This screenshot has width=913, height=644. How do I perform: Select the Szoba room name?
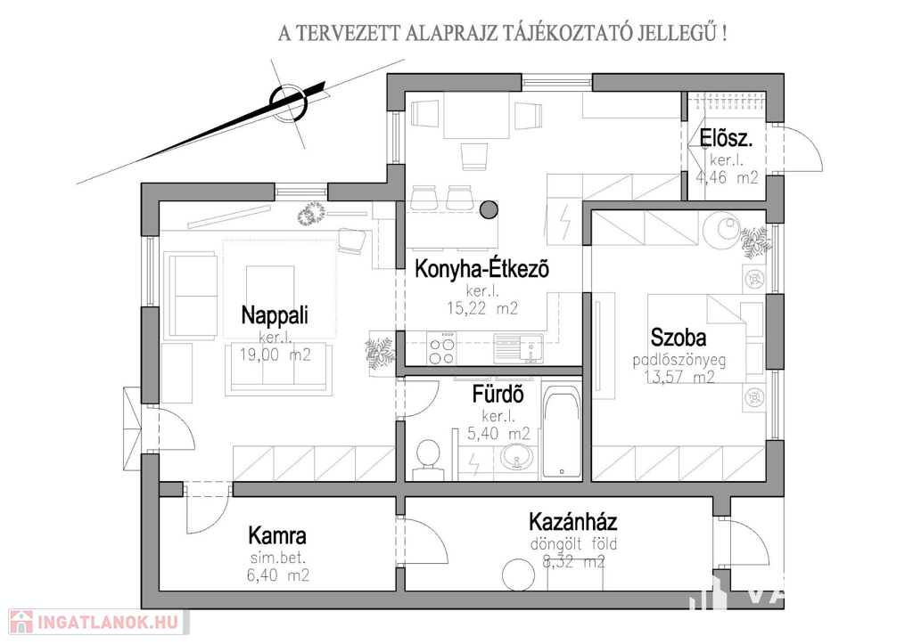[679, 338]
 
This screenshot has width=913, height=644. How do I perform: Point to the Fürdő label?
[498, 394]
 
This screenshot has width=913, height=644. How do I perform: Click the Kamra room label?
[277, 537]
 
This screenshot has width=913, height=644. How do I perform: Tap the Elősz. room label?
[727, 138]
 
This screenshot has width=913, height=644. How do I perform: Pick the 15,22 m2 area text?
[482, 308]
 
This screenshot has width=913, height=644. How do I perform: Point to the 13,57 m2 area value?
[679, 377]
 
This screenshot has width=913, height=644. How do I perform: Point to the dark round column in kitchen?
[488, 210]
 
